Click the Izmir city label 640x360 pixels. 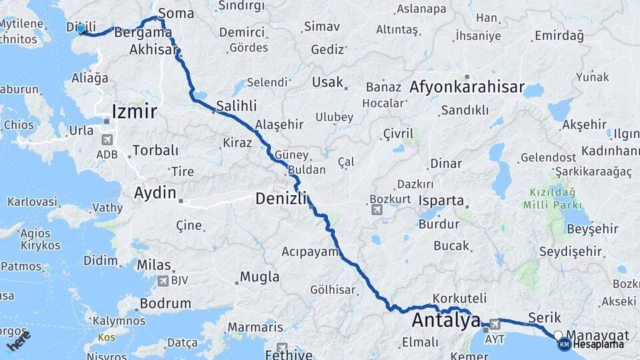click(135, 111)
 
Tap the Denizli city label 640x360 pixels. click(281, 198)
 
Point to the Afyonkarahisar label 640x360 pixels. click(467, 87)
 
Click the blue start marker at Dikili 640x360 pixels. click(81, 29)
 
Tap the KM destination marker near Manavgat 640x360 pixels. click(564, 344)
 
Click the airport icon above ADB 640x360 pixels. click(107, 141)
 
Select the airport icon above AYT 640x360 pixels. click(494, 325)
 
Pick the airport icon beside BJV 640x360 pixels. click(162, 281)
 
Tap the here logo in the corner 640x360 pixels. click(19, 341)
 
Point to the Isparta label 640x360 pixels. click(441, 201)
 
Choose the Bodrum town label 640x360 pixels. click(165, 303)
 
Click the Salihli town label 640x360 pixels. click(236, 106)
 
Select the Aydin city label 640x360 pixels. click(155, 193)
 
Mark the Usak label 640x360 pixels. click(327, 82)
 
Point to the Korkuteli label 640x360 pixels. click(459, 298)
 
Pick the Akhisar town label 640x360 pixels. click(154, 50)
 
